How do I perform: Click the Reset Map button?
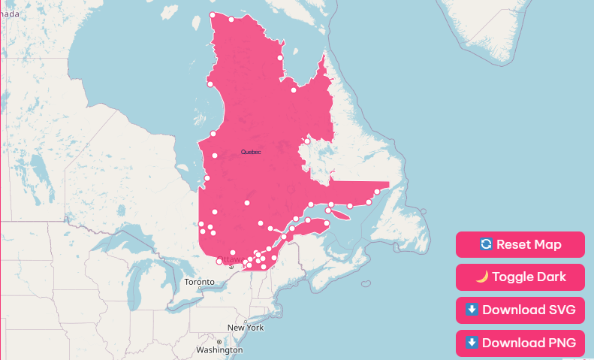(x=520, y=244)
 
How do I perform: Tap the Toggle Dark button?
(x=520, y=277)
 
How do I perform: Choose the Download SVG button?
(x=520, y=310)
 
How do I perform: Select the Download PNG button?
(x=520, y=343)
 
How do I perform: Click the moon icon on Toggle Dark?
(x=482, y=277)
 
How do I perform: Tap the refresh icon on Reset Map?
(x=486, y=244)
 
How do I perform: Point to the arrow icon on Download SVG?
(x=472, y=310)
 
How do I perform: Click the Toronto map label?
(x=199, y=282)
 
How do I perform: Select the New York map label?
(x=246, y=328)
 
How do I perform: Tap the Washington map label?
(x=219, y=350)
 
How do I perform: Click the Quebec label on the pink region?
(x=251, y=152)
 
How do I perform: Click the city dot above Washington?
(x=219, y=342)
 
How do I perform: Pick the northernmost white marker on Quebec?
(x=213, y=15)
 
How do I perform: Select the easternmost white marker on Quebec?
(x=377, y=192)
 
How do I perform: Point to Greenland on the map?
(x=511, y=30)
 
